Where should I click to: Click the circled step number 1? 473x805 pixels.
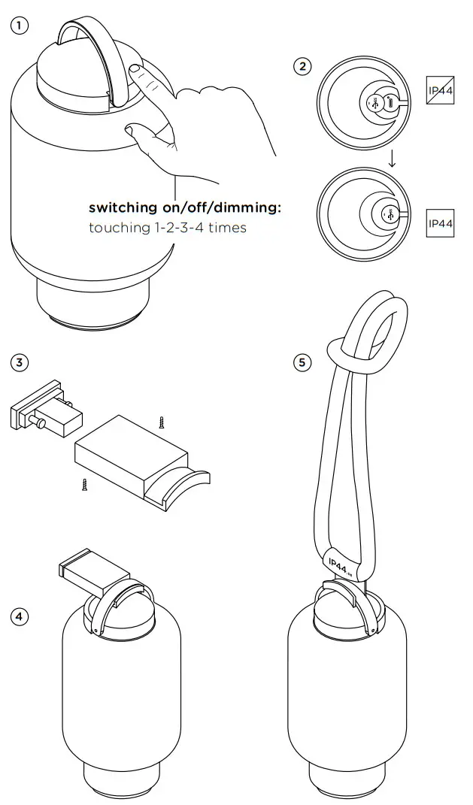click(19, 25)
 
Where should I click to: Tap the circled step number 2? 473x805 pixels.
click(302, 66)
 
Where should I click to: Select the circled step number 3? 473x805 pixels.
click(19, 363)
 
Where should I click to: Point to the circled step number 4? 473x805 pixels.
click(19, 616)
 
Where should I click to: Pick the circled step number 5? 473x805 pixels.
click(302, 363)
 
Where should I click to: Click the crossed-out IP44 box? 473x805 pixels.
click(440, 90)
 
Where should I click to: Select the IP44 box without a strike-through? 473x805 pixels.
click(440, 223)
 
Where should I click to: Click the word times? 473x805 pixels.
click(227, 227)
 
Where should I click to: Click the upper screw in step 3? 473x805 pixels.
click(160, 422)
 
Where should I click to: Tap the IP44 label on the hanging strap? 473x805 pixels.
click(338, 566)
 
